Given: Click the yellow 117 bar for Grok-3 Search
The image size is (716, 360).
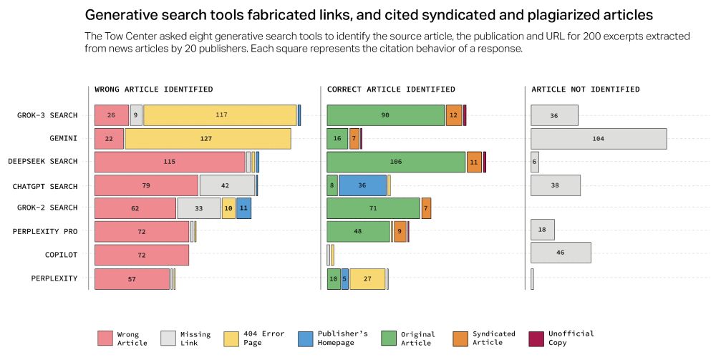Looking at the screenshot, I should click(x=220, y=115).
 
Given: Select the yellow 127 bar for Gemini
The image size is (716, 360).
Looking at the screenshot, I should click(x=208, y=139).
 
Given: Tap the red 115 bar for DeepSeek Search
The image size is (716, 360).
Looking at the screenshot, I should click(x=170, y=162).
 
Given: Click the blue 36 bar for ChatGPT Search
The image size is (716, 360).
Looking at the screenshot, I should click(x=362, y=185).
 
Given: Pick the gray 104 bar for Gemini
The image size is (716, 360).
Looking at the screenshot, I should click(x=599, y=139).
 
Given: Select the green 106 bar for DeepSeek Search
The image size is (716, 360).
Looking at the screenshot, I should click(x=396, y=162).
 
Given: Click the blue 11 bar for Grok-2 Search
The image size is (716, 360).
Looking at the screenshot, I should click(x=243, y=208).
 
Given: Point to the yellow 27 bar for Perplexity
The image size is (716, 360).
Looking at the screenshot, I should click(x=367, y=278).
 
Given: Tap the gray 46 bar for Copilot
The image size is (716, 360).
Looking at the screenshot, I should click(x=561, y=253).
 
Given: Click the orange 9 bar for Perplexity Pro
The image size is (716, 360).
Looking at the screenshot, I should click(x=400, y=231).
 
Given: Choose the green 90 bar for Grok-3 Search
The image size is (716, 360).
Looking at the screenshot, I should click(x=385, y=115).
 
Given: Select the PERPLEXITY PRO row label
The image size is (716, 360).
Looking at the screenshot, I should click(x=45, y=231).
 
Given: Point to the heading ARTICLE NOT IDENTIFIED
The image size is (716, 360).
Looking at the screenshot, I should click(x=586, y=89).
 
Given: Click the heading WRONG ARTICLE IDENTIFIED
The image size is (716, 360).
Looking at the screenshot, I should click(x=153, y=89).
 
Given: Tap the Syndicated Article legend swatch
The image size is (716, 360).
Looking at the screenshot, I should click(x=461, y=338).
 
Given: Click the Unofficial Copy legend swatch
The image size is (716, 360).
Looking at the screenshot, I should click(x=536, y=338).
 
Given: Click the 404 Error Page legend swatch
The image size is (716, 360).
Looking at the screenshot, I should click(x=231, y=338).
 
